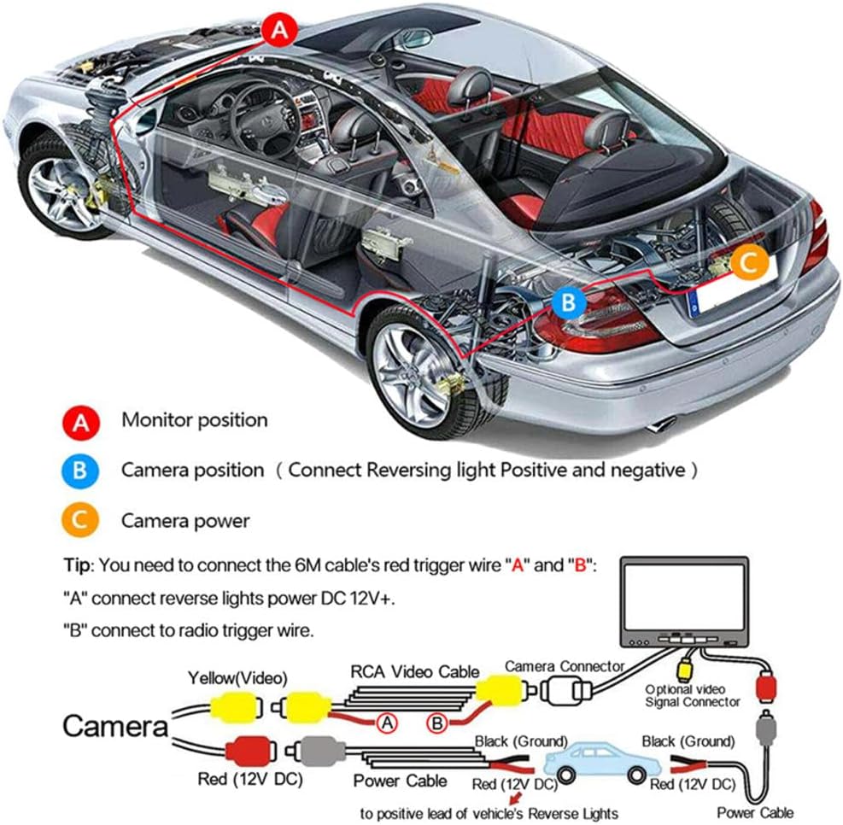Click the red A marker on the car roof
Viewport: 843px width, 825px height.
[279, 31]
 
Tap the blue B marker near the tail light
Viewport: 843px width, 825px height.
[569, 302]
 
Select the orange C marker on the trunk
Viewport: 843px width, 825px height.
[749, 263]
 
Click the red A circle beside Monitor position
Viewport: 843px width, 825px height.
[83, 421]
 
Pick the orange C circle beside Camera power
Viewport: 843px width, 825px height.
[83, 520]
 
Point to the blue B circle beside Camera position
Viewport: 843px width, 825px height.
[83, 471]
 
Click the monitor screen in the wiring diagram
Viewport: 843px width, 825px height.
[681, 597]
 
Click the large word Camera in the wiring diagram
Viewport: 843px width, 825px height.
[115, 727]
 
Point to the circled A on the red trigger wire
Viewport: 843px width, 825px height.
[388, 723]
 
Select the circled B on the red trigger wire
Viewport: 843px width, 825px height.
[437, 723]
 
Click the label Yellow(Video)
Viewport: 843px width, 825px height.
[237, 678]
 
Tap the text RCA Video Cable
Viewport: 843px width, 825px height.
[416, 671]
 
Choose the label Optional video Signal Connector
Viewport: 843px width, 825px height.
[692, 695]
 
